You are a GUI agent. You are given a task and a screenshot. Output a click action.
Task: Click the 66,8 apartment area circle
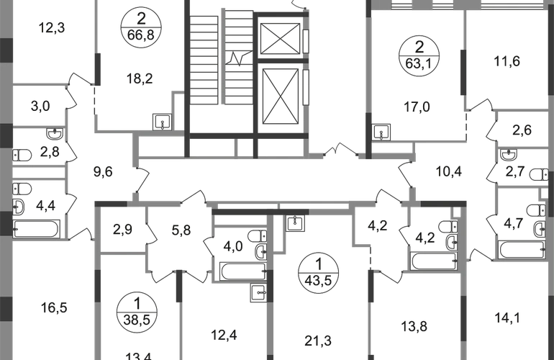point(141,27)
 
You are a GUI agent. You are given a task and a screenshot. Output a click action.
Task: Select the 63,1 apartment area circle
point(419,55)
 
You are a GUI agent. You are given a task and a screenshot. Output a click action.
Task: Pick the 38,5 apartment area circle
point(137,312)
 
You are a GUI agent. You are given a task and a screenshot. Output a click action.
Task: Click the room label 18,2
point(140,78)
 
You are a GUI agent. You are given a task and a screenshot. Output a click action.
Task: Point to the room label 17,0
point(417,107)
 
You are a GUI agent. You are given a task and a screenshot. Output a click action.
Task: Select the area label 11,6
point(507,61)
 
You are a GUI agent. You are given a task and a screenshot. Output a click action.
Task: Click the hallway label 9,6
point(103,172)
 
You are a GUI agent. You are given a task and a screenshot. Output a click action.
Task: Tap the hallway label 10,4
point(449,172)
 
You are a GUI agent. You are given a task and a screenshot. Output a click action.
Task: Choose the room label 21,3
point(318,341)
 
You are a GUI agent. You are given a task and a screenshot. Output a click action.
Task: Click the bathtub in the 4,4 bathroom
point(36,229)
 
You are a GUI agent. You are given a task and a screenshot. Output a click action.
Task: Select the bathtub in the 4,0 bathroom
point(242,271)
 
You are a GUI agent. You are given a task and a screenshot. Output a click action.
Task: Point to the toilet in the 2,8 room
point(22,155)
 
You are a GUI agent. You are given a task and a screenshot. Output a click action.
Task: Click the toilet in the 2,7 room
point(540,175)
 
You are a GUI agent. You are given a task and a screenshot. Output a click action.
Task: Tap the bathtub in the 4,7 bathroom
point(522,250)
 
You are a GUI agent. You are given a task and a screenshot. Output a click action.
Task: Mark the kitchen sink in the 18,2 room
point(162,122)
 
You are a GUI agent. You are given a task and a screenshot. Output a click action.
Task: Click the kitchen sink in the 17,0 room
point(381,132)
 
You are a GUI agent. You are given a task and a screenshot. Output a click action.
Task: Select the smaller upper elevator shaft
point(280,39)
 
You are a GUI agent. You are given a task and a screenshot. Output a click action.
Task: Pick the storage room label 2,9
point(122,229)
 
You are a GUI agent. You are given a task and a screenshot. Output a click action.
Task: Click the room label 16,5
point(54,307)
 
